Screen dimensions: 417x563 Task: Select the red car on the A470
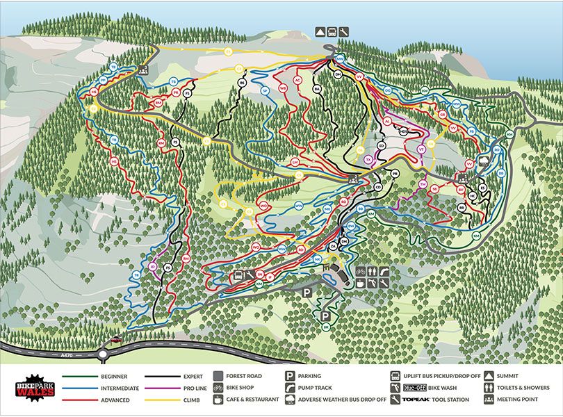pos(115,340)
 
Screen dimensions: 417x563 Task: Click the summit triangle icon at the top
pos(320,32)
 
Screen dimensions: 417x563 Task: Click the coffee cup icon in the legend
pos(218,400)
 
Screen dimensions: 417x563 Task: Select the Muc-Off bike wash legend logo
pos(414,388)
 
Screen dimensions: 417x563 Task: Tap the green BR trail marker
pos(325,327)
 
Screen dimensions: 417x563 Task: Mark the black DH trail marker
pos(338,74)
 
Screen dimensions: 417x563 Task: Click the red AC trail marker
pos(297,81)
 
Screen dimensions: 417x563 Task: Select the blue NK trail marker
pos(317,259)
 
